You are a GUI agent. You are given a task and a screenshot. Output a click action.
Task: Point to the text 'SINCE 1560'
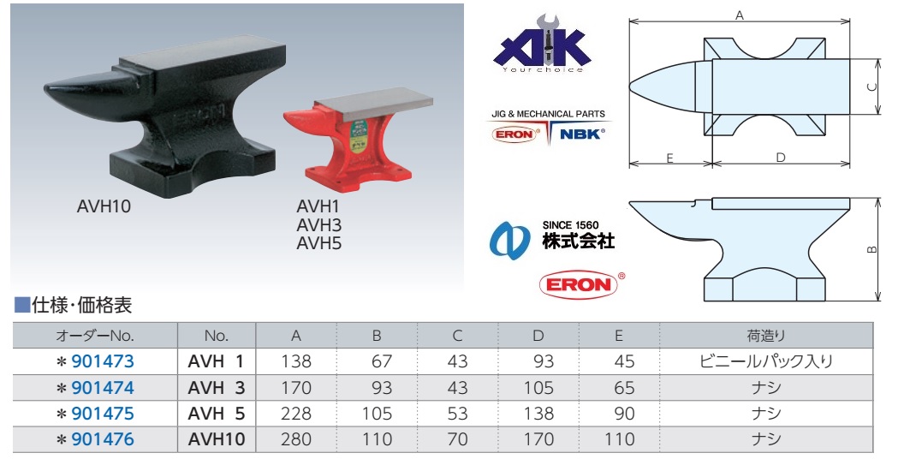point(576,225)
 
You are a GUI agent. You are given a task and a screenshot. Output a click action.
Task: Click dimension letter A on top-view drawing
point(739,15)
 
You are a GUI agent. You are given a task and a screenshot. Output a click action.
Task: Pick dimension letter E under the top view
point(670,158)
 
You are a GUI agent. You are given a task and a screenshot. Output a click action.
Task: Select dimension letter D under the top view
point(781,158)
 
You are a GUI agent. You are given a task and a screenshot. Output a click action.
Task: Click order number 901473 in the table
point(103,361)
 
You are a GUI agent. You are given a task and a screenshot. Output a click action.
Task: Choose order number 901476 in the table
point(103,439)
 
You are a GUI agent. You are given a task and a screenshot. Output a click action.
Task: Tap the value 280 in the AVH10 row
point(297,439)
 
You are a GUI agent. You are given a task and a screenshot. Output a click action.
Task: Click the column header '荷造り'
point(766,336)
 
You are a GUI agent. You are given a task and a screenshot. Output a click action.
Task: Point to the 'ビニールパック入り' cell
point(766,361)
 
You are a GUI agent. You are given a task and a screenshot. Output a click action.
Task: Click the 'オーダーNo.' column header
point(95,336)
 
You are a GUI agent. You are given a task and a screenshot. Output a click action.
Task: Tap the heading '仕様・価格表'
point(80,305)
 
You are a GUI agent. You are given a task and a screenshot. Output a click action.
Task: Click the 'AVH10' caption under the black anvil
point(103,206)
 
